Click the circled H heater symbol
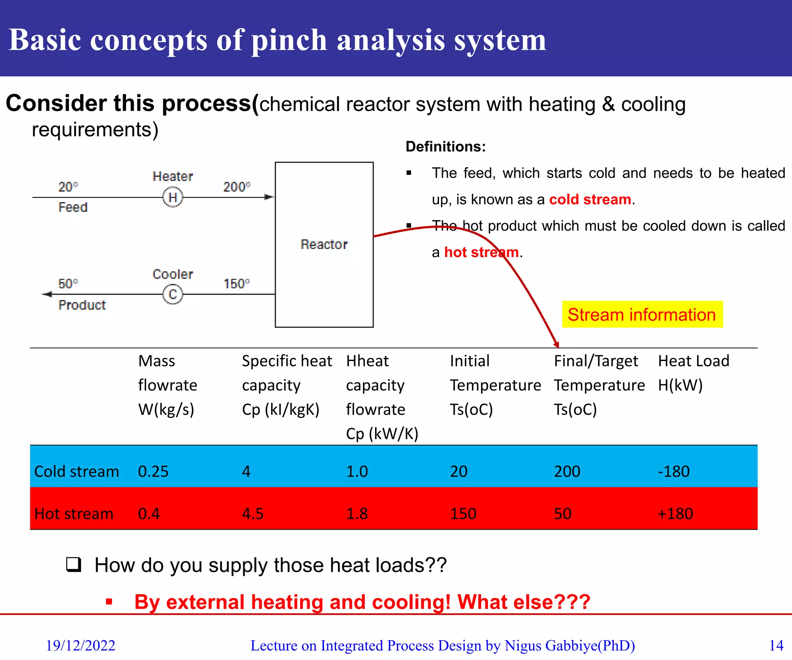172,197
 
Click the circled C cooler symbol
172,294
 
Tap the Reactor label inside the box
324,244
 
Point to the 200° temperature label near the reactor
236,187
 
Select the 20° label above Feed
68,187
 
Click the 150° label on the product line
236,284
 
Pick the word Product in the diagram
82,305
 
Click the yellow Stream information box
642,314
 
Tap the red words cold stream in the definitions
590,200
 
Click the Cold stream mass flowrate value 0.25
153,471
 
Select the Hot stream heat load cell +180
675,513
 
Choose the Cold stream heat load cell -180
674,471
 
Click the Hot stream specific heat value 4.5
253,513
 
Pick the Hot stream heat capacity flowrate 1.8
357,513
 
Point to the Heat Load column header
693,373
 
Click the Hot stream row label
74,513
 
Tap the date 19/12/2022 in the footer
80,645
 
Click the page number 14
776,645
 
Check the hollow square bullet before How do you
73,565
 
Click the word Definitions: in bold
445,147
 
